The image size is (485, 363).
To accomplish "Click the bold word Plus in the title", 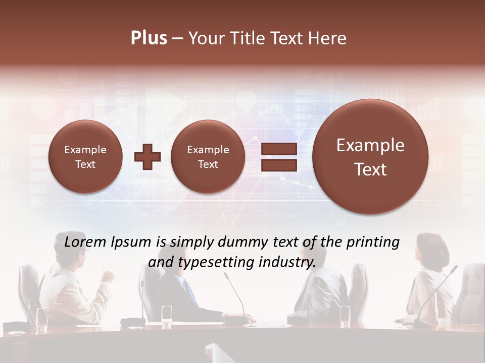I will click(149, 38).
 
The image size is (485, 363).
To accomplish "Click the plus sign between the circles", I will click(148, 156).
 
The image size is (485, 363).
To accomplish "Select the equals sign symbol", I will click(279, 157).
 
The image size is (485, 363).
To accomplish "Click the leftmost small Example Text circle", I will click(85, 156).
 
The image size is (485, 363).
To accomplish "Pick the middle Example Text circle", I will click(208, 156).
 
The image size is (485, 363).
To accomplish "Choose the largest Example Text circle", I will click(370, 157).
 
